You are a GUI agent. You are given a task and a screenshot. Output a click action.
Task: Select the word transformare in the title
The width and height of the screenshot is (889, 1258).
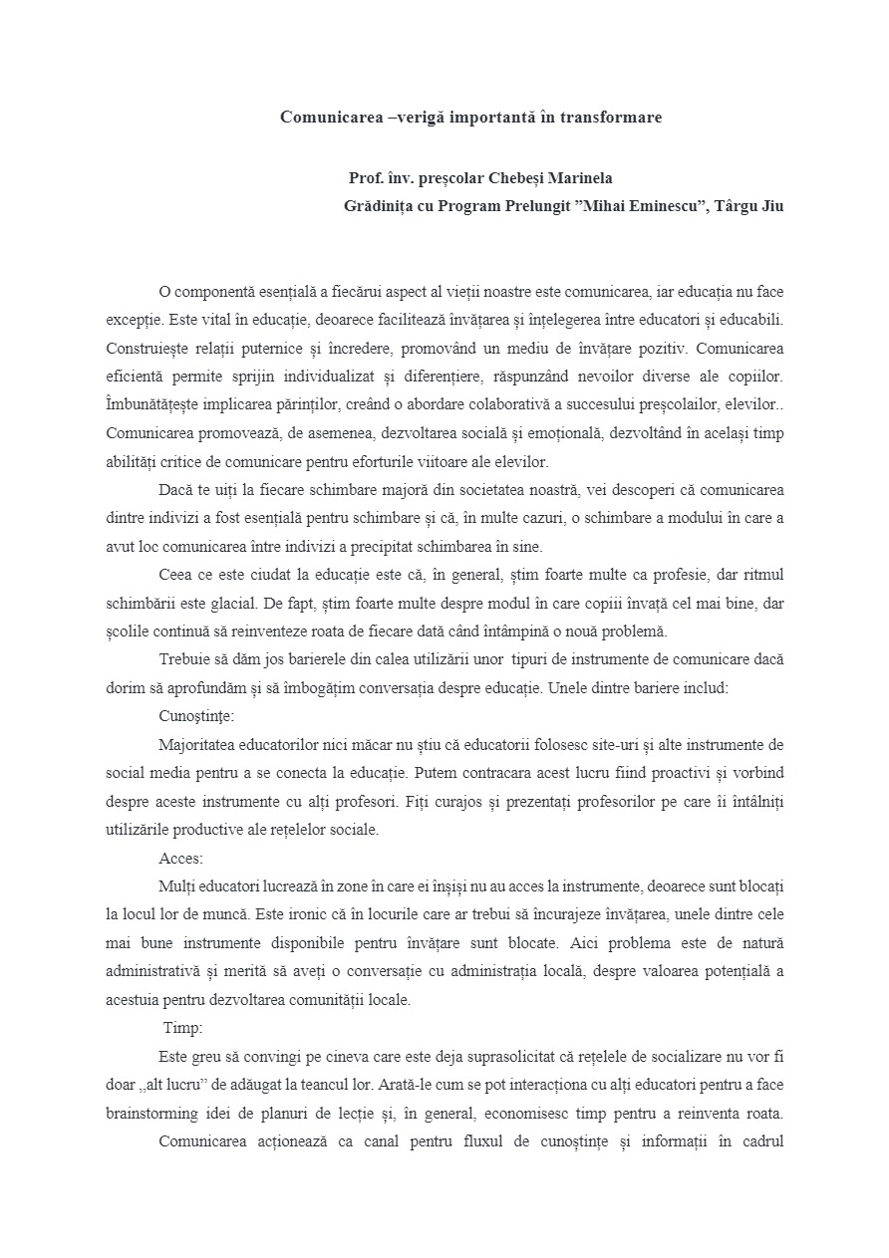611,118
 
